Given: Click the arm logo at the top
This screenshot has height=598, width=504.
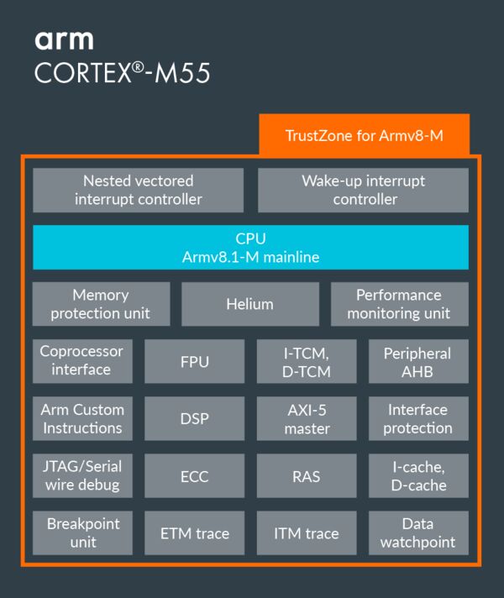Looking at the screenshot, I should [x=64, y=39].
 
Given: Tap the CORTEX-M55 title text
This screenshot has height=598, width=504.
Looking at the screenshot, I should [x=122, y=73].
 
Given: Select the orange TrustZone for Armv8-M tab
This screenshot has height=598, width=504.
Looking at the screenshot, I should [x=364, y=135].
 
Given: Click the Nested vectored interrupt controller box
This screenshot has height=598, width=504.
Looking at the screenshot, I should [x=139, y=190].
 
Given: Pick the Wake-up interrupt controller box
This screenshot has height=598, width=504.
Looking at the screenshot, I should [x=363, y=190].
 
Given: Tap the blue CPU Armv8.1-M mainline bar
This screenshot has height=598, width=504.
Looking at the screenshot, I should [x=250, y=248].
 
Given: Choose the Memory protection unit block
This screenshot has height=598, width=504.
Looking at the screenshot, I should [x=101, y=304].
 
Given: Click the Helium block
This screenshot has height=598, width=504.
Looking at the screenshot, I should [x=250, y=304].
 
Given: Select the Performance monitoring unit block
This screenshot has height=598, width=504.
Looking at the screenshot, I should [x=399, y=304].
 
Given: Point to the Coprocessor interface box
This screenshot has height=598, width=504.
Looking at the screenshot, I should [x=82, y=361].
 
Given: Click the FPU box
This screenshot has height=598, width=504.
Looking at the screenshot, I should [x=195, y=362].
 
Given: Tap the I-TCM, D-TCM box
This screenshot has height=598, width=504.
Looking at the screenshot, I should [x=306, y=362].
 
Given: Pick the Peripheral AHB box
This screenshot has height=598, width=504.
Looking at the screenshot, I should [x=418, y=362].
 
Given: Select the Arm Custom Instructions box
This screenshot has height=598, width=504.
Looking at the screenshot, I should [x=82, y=418].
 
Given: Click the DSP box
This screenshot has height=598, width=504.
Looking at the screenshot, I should [x=195, y=419].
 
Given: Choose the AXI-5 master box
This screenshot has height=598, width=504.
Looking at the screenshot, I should [x=306, y=419].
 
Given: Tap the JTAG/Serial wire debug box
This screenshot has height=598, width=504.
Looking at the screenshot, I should [x=82, y=475].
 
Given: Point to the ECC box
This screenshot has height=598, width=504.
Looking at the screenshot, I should [x=195, y=476].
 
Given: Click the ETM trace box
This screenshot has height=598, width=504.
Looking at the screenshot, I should [x=195, y=533].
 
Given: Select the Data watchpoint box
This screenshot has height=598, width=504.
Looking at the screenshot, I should [x=418, y=533].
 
